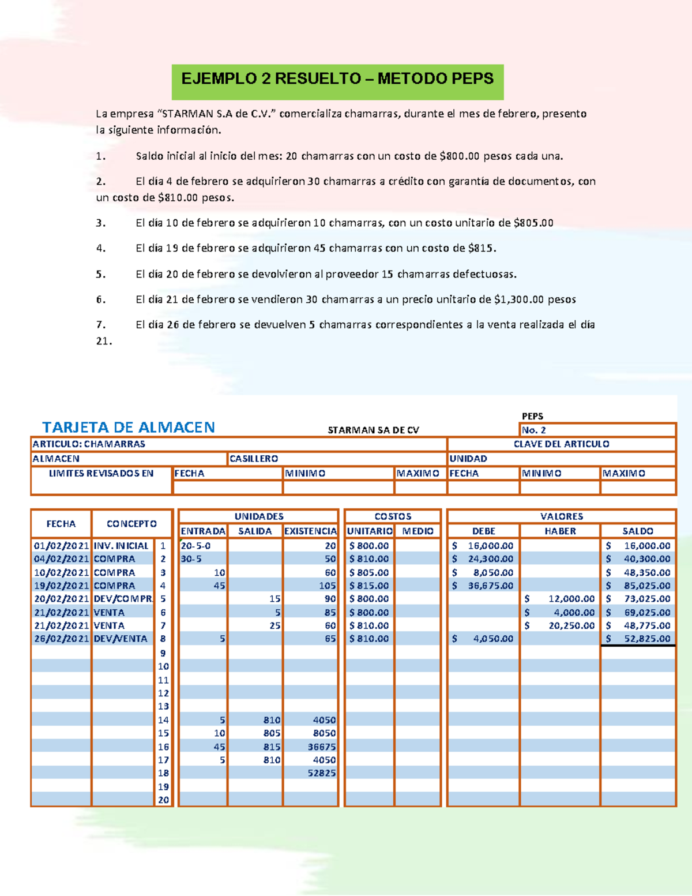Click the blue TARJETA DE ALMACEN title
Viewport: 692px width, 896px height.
(128, 428)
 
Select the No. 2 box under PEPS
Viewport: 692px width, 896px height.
(597, 430)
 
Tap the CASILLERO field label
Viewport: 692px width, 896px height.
(254, 459)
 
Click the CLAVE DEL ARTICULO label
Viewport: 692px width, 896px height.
(561, 444)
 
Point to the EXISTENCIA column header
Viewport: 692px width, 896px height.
(310, 531)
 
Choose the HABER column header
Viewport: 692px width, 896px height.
(560, 531)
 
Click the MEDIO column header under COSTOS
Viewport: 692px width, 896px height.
(418, 531)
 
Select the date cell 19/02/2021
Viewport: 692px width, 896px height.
(61, 586)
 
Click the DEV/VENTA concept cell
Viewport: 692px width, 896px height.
(121, 639)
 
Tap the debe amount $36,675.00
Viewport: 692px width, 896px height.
(484, 586)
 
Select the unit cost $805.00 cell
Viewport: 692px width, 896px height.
(369, 572)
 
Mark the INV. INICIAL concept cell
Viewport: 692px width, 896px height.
(121, 546)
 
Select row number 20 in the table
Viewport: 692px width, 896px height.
(164, 800)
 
